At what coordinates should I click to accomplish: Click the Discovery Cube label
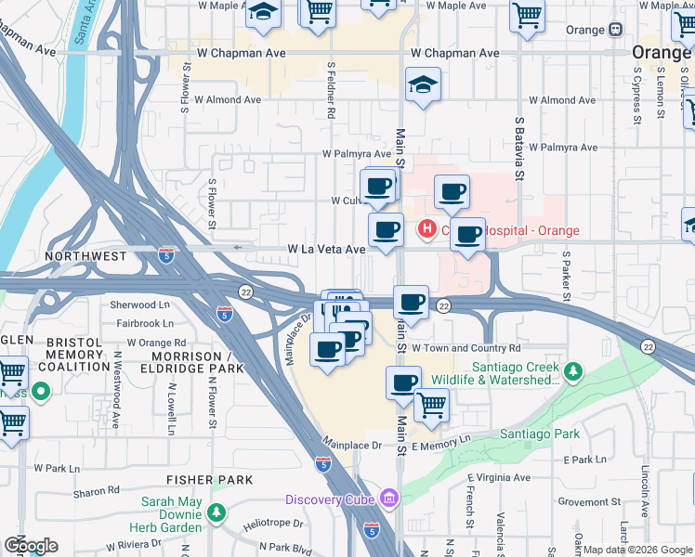(330, 499)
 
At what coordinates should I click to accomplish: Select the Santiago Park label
(540, 434)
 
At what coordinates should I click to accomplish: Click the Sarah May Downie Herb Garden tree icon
(216, 512)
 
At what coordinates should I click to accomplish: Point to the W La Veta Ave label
(326, 249)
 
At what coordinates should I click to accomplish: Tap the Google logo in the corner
(31, 546)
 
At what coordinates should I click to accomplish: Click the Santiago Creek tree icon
(574, 372)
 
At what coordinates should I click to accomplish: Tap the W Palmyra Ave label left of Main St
(357, 153)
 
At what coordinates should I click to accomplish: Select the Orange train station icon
(615, 30)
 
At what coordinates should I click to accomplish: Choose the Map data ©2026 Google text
(638, 550)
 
